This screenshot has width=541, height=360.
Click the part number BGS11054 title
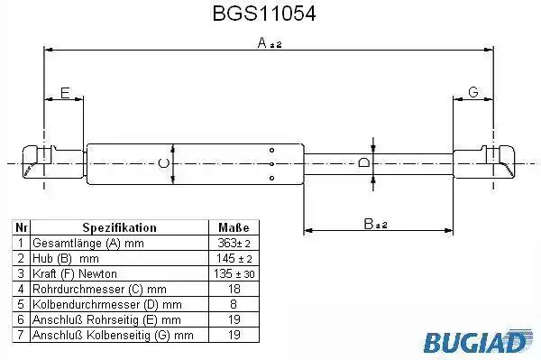click(x=264, y=14)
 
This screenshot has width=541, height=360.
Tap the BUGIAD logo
click(x=478, y=341)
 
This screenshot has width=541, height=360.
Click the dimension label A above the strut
click(x=262, y=42)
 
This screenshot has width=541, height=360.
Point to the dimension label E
click(x=65, y=93)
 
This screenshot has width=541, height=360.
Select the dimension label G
click(x=473, y=92)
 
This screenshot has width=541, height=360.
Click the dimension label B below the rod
click(x=369, y=224)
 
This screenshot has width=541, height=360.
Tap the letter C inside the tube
click(x=163, y=163)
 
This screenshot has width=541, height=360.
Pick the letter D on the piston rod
click(x=363, y=162)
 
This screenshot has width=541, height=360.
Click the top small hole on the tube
click(x=272, y=150)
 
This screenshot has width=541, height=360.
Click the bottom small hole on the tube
click(x=272, y=178)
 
